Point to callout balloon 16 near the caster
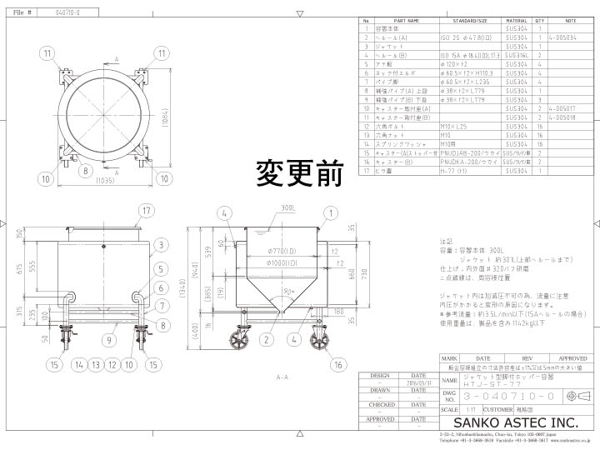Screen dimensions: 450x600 (338, 365)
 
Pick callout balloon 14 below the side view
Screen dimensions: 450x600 (79, 365)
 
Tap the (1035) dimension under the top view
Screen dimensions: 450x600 (106, 180)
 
